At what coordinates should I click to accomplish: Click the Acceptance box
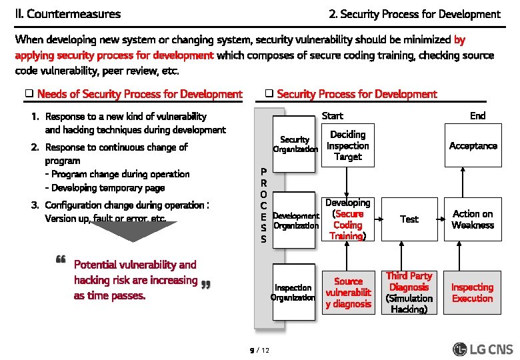pyautogui.click(x=473, y=146)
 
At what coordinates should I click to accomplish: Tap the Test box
pyautogui.click(x=409, y=219)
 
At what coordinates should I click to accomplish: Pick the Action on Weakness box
pyautogui.click(x=473, y=219)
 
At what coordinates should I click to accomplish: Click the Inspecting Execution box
pyautogui.click(x=473, y=293)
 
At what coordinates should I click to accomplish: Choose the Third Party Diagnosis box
pyautogui.click(x=409, y=293)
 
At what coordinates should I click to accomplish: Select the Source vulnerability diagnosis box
pyautogui.click(x=347, y=293)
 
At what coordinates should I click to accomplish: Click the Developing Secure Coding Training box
pyautogui.click(x=347, y=219)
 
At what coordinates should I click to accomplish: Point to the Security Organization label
pyautogui.click(x=295, y=145)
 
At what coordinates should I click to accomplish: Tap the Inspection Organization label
pyautogui.click(x=293, y=293)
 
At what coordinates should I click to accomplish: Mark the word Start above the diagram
pyautogui.click(x=332, y=116)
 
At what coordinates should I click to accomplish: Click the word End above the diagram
pyautogui.click(x=477, y=116)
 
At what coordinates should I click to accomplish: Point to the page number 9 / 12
pyautogui.click(x=259, y=349)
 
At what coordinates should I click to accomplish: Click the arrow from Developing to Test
pyautogui.click(x=378, y=219)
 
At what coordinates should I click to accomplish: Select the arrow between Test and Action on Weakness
pyautogui.click(x=441, y=219)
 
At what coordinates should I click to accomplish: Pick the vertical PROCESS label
pyautogui.click(x=264, y=205)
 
